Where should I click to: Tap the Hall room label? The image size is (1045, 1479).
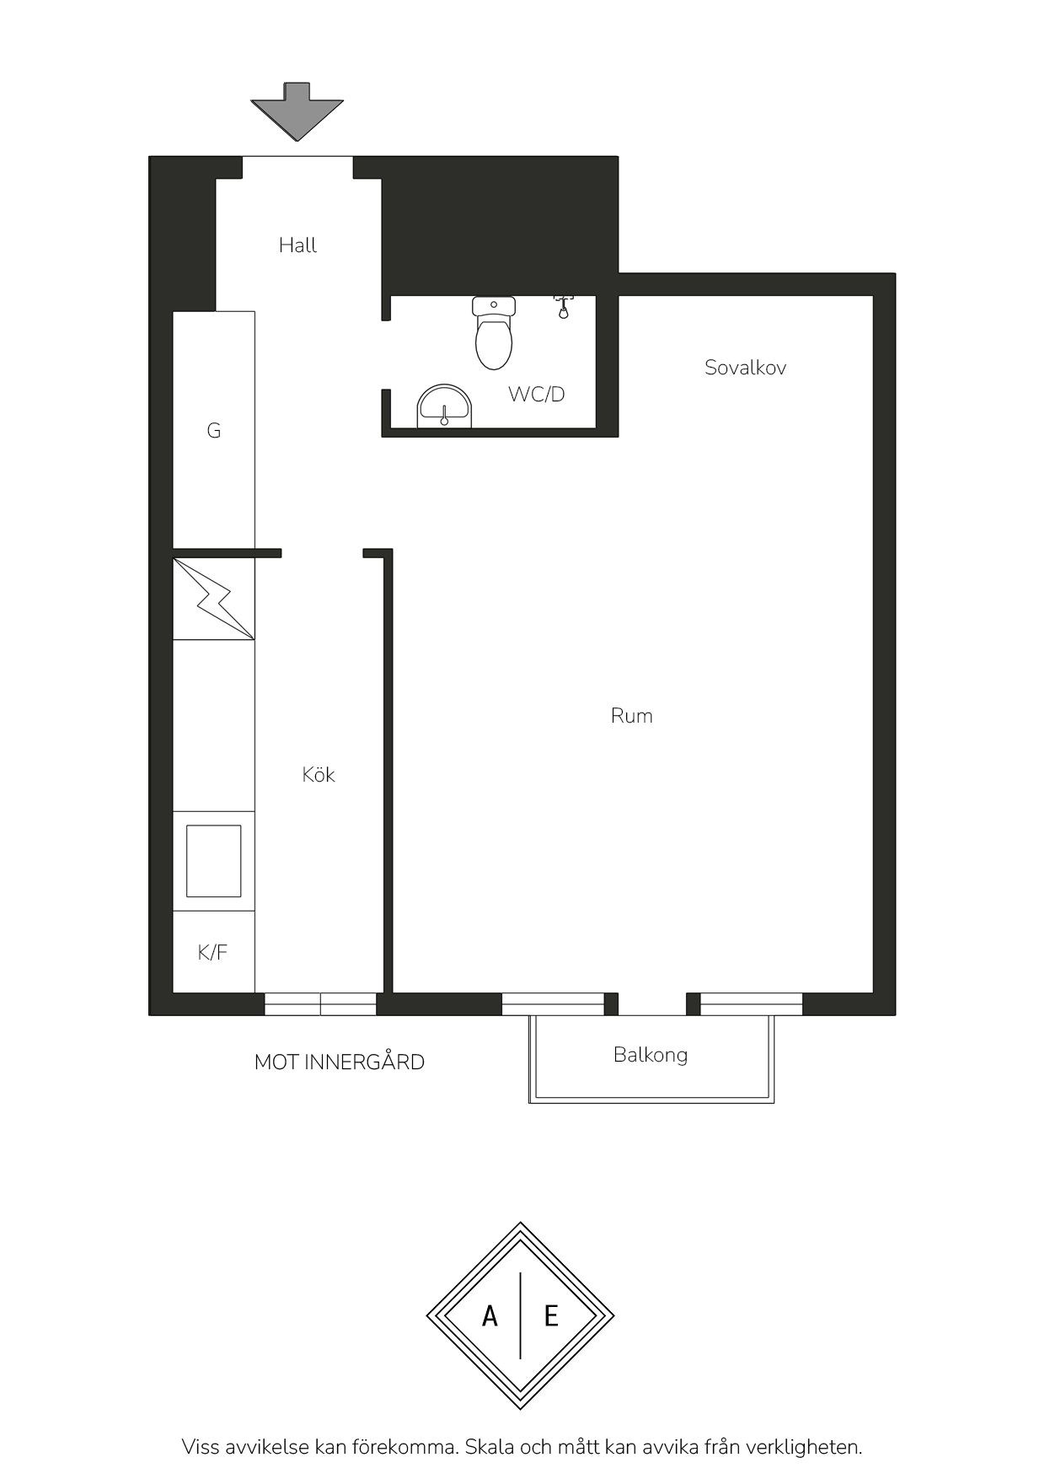pos(298,245)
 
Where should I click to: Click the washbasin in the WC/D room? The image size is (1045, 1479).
pos(446,406)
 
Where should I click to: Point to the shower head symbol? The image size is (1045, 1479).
pos(564,305)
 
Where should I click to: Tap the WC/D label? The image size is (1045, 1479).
pos(536,394)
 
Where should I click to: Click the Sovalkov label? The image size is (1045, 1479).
pos(746,368)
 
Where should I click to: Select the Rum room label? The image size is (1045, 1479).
pos(632,716)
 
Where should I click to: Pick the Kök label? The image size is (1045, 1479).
pos(319,774)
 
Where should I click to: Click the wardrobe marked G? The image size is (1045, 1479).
pos(214,429)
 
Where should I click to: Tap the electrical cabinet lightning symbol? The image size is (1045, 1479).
pos(213,598)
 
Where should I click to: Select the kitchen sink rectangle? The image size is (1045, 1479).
pos(214,861)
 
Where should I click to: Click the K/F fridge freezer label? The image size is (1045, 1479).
pos(212,953)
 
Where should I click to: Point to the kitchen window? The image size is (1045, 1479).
pos(321,1004)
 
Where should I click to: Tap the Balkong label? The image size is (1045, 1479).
pos(651,1055)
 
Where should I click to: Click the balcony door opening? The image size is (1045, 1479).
pos(652,1004)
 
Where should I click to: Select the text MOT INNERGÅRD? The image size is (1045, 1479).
pos(340,1062)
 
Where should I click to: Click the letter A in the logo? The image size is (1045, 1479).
pos(490,1315)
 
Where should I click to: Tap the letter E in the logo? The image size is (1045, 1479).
pos(551,1315)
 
